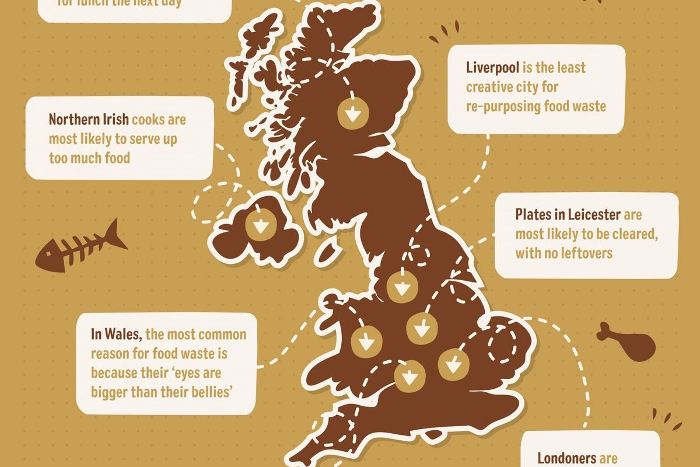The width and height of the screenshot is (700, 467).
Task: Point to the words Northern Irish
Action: tap(89, 120)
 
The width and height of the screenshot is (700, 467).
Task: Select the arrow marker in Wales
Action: tap(366, 340)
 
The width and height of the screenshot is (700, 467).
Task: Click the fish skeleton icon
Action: tap(82, 248)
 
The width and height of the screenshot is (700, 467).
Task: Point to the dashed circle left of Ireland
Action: tap(214, 203)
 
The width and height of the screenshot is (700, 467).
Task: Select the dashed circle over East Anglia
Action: tap(506, 343)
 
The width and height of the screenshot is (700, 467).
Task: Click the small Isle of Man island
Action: tap(329, 253)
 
